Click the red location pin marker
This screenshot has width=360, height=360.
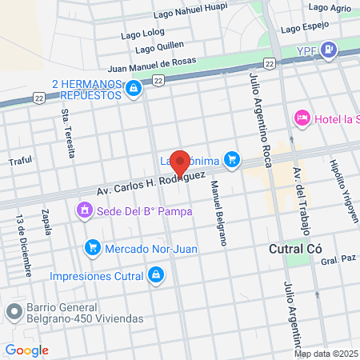(x=180, y=163)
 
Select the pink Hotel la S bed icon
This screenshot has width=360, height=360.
(x=302, y=118)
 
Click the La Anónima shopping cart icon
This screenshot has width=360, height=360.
(x=232, y=160)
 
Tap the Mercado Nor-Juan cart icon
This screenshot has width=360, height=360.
(x=93, y=248)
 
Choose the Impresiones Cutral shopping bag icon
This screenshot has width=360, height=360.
(x=156, y=277)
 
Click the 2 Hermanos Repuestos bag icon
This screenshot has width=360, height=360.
(x=134, y=88)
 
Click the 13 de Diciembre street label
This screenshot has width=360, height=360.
(x=23, y=244)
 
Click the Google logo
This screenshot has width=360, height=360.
(x=26, y=350)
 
